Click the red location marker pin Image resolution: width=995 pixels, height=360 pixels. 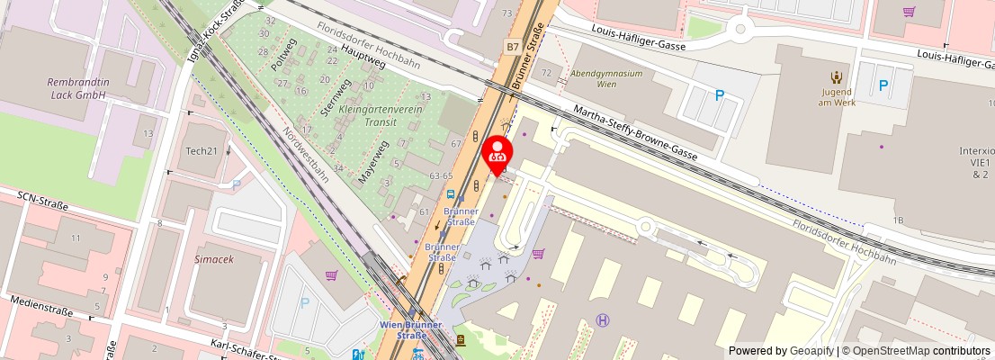(497, 154)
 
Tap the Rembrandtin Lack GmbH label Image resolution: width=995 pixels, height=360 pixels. (77, 88)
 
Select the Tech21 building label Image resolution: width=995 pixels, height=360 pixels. (202, 150)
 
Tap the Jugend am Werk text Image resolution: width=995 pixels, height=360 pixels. (836, 96)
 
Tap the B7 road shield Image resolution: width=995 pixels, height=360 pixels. (512, 47)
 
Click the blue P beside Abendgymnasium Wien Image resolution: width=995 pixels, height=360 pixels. (719, 95)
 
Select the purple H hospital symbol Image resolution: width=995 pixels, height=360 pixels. (603, 319)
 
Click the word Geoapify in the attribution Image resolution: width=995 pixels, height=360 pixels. (811, 351)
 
